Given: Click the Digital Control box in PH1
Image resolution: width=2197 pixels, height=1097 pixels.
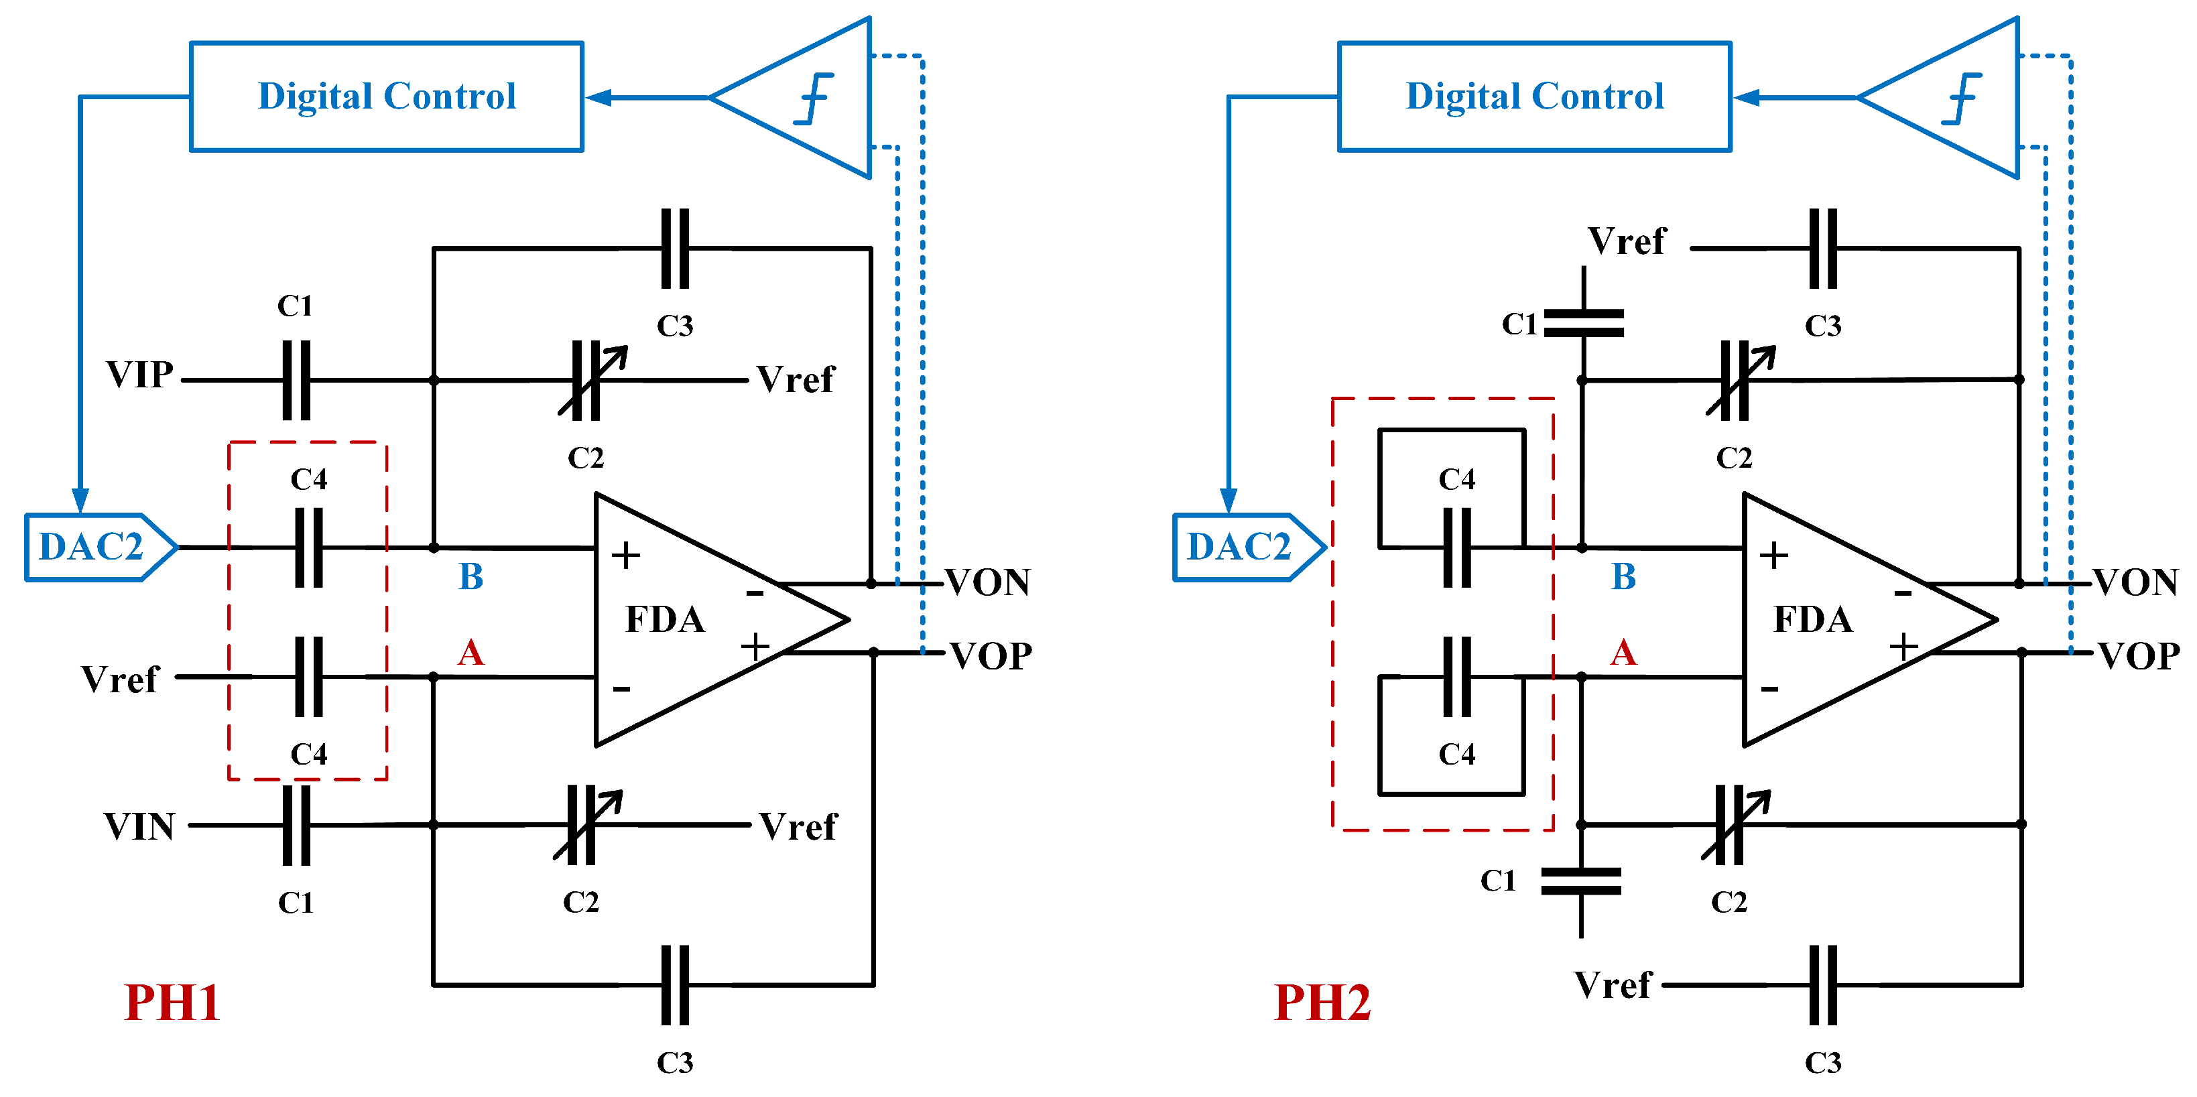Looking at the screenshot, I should [386, 96].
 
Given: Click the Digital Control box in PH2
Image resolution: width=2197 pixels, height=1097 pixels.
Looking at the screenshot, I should [1534, 96].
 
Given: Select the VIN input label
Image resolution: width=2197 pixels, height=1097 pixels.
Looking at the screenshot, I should [139, 826].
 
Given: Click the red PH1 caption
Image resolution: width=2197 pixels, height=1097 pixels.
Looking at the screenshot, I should [172, 1003].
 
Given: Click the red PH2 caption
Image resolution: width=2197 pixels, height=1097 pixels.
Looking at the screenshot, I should [1321, 1003].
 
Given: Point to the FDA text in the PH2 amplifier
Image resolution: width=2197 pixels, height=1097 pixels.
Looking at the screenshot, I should [1812, 619].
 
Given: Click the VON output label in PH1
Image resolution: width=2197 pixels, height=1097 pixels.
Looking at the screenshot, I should [988, 582].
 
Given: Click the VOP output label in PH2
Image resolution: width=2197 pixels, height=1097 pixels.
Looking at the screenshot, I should [2138, 656].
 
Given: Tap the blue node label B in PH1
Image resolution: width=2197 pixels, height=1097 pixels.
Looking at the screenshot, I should [470, 577].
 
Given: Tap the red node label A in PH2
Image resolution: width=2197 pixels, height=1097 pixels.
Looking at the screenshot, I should [1623, 653].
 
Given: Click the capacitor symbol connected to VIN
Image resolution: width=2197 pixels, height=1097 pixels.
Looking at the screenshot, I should [296, 825].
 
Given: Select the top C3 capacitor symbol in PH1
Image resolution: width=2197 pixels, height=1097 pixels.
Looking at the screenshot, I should [675, 248].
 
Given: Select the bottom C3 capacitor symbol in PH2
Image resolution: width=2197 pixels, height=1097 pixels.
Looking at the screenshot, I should [1822, 984].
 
